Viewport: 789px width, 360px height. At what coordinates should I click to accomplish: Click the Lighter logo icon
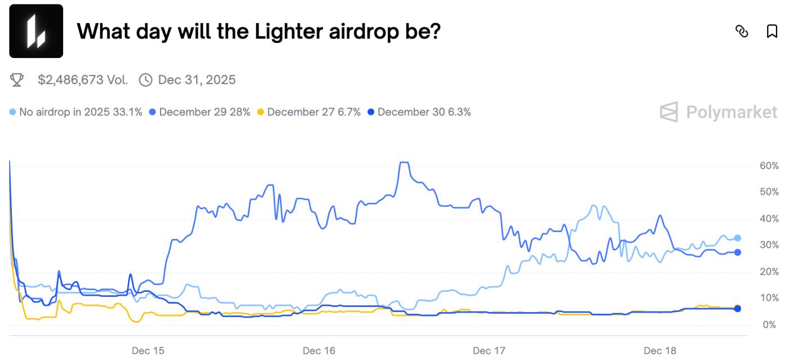[x=36, y=31]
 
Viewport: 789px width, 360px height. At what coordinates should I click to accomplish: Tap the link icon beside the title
[x=742, y=31]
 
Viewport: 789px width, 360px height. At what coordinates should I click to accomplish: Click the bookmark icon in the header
[x=772, y=31]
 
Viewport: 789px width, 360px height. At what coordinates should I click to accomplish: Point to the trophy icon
[x=17, y=80]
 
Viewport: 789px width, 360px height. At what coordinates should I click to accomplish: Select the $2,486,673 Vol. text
[x=83, y=80]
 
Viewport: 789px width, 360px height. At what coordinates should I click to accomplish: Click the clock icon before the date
[x=145, y=80]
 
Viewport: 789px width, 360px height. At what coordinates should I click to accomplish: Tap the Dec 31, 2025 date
[x=197, y=80]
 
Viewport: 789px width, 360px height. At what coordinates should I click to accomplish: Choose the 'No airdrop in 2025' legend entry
[x=76, y=112]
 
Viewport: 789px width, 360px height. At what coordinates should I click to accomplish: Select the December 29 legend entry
[x=200, y=112]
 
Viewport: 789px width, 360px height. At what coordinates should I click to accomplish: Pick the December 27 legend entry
[x=309, y=112]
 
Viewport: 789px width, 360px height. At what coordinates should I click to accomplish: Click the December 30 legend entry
[x=419, y=112]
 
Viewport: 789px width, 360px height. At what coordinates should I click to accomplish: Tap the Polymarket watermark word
[x=732, y=112]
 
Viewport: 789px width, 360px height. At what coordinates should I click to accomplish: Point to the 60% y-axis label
[x=769, y=166]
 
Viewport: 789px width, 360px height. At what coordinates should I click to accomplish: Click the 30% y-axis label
[x=769, y=246]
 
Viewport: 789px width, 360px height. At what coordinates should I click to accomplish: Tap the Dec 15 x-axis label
[x=148, y=350]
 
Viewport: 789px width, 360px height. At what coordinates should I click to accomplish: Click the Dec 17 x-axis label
[x=489, y=350]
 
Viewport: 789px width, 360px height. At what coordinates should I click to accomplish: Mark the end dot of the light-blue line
[x=738, y=238]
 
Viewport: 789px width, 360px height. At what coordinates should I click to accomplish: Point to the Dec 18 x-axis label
[x=659, y=350]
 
